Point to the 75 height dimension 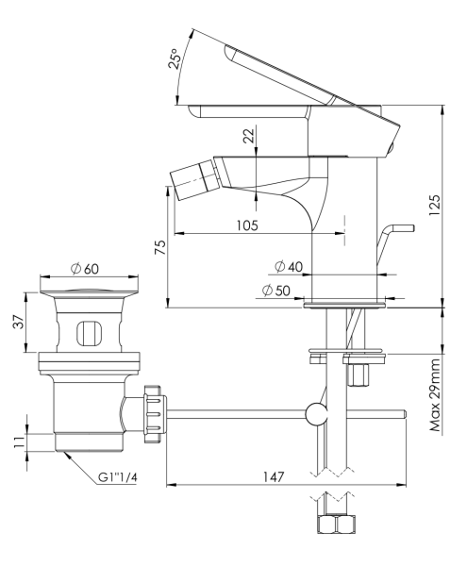point(160,247)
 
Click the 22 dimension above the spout point(248,136)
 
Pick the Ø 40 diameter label point(288,268)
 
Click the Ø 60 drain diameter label point(86,268)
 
